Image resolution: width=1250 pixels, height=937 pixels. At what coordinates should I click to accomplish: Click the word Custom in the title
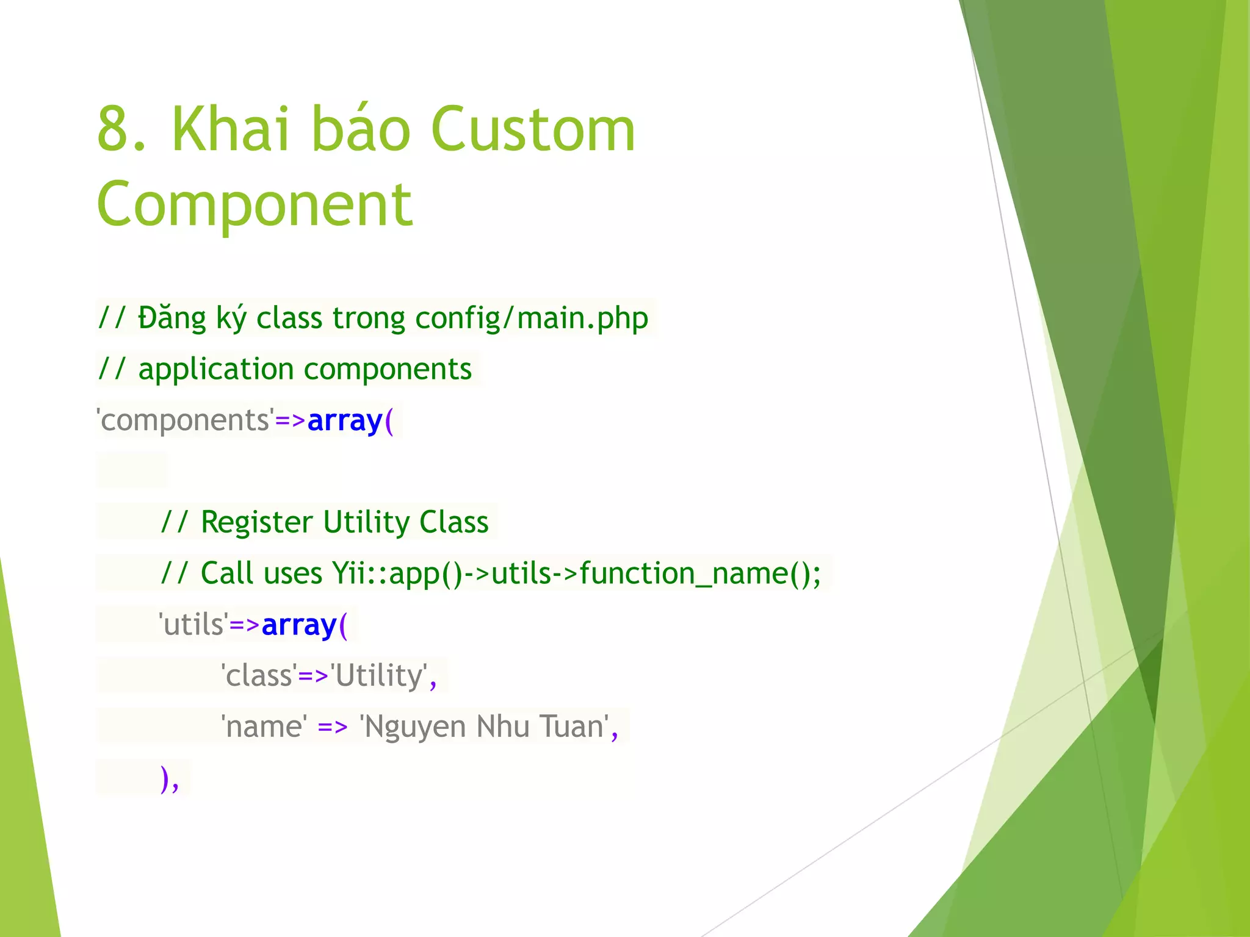tap(533, 129)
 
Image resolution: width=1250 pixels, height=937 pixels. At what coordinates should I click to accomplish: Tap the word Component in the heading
tap(255, 204)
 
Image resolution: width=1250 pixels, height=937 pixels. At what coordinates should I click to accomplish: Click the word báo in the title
tap(360, 129)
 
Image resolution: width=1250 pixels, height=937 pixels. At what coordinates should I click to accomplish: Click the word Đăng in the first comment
tap(172, 318)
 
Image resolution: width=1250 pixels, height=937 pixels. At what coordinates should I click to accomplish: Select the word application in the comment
tap(216, 370)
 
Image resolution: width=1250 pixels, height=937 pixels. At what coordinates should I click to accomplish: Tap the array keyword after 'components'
tap(345, 421)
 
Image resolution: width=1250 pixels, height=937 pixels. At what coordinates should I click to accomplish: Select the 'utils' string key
tap(193, 625)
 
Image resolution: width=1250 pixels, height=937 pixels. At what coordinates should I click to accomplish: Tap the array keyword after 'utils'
tap(299, 625)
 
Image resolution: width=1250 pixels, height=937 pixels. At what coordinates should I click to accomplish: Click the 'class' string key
tap(259, 677)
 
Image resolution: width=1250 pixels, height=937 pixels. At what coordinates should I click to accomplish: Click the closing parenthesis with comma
tap(168, 778)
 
